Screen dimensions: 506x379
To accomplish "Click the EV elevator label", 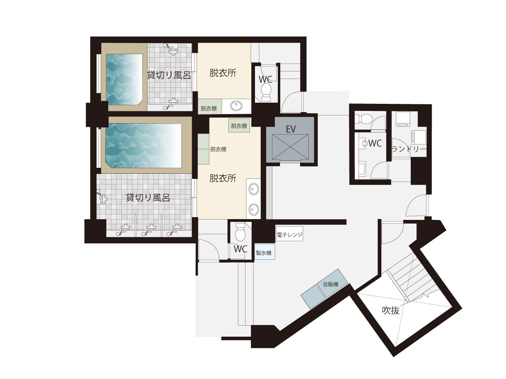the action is pyautogui.click(x=291, y=129).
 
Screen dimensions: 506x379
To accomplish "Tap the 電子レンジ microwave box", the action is pyautogui.click(x=289, y=234).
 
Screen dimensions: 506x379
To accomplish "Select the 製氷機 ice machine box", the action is pyautogui.click(x=264, y=253).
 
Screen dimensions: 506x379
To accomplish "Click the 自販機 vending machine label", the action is pyautogui.click(x=330, y=284).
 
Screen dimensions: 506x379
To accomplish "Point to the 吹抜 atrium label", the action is pyautogui.click(x=391, y=310).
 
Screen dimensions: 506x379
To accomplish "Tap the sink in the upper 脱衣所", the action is pyautogui.click(x=236, y=106).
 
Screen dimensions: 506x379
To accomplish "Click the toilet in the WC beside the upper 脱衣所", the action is pyautogui.click(x=266, y=92).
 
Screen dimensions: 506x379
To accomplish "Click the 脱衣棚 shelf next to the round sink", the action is pyautogui.click(x=209, y=108).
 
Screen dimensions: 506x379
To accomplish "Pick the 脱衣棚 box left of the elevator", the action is pyautogui.click(x=239, y=126).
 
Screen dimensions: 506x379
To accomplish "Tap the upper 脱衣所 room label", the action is pyautogui.click(x=223, y=73).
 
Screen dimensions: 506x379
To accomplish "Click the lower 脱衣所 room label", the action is pyautogui.click(x=223, y=178).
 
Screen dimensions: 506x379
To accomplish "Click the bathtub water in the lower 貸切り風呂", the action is pyautogui.click(x=143, y=146).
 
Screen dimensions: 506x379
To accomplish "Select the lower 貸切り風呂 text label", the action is pyautogui.click(x=148, y=197).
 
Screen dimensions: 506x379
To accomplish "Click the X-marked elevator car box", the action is pyautogui.click(x=290, y=148).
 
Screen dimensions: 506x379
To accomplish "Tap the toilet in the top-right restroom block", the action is pyautogui.click(x=363, y=119).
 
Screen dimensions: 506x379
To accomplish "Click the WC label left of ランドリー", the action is pyautogui.click(x=375, y=143).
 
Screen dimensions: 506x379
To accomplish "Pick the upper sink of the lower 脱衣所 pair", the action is pyautogui.click(x=254, y=189).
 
